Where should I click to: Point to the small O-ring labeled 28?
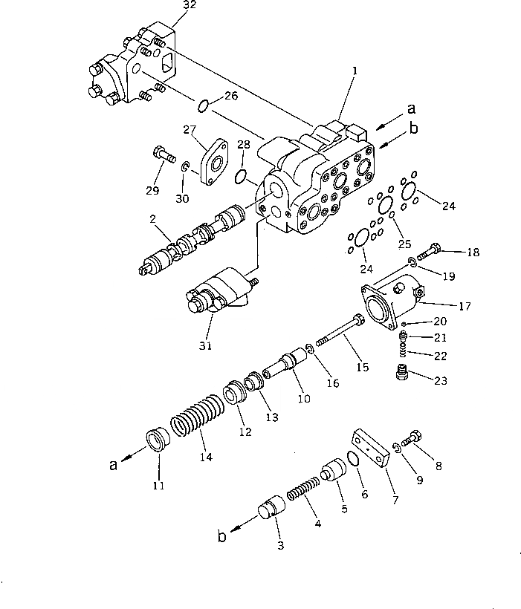[240, 177]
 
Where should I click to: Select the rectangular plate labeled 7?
[372, 450]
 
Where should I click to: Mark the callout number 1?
[355, 71]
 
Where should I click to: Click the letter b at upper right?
[413, 128]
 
